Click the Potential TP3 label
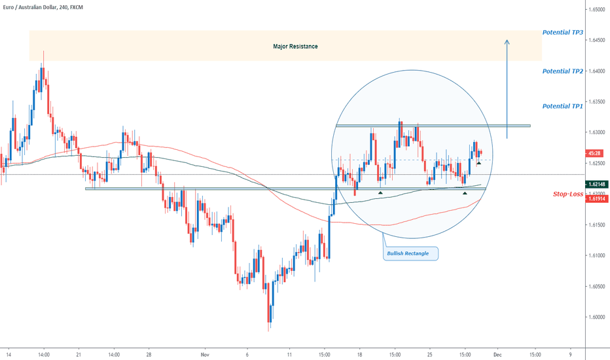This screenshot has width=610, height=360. (x=563, y=32)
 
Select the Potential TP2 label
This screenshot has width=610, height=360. (x=563, y=71)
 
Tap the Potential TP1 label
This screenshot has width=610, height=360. (x=563, y=106)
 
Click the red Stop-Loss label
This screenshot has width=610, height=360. (x=568, y=194)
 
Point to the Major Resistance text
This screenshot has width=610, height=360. (x=295, y=46)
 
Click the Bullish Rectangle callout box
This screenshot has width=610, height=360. (x=410, y=253)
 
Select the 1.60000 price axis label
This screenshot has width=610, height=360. (x=596, y=317)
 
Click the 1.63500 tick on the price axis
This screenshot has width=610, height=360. (x=596, y=102)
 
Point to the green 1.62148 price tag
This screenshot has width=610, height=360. (x=596, y=185)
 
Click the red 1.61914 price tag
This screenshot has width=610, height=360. (x=596, y=198)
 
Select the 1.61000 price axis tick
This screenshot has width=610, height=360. (x=596, y=256)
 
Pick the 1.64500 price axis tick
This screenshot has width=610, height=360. (x=596, y=40)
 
